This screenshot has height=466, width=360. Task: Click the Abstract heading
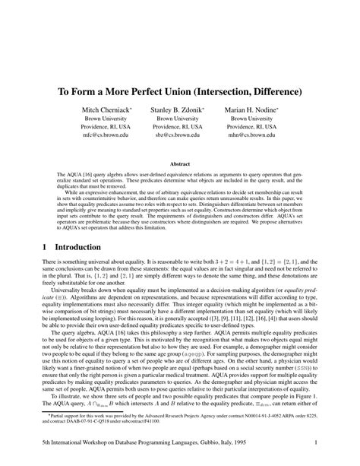(x=180, y=163)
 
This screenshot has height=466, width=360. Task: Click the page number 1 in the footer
(x=314, y=441)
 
